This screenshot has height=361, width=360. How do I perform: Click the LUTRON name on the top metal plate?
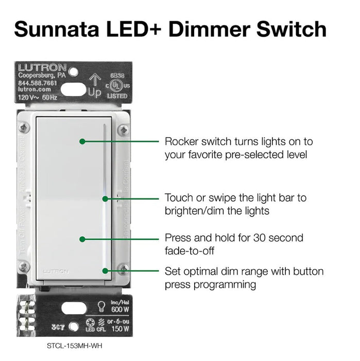point(42,68)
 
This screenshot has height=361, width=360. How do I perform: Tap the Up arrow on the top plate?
point(95,80)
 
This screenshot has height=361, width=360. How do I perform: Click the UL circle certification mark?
point(117,85)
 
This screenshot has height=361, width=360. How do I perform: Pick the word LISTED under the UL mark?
point(117,96)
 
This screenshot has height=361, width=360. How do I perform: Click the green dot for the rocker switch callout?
point(82,141)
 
